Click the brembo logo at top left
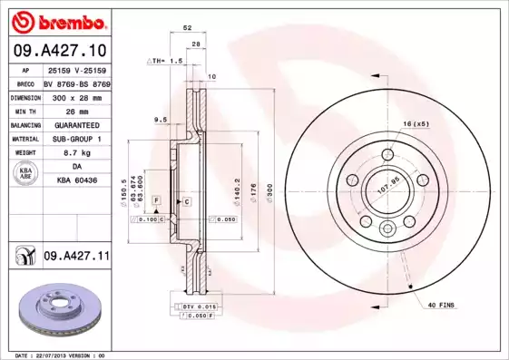tap(56, 20)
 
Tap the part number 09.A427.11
tap(75, 258)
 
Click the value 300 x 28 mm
tap(75, 95)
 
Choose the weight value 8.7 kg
tap(75, 153)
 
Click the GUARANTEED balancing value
tap(75, 124)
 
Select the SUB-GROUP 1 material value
tap(75, 139)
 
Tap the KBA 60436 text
tap(75, 181)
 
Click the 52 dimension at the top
tap(187, 29)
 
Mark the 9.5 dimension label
tap(161, 119)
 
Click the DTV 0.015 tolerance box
tap(201, 308)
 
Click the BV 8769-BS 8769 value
tap(75, 82)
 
